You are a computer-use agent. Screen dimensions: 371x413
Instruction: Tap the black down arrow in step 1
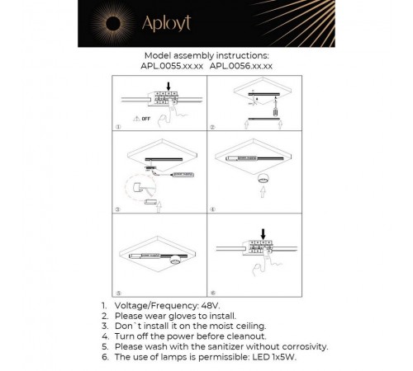pyautogui.click(x=169, y=86)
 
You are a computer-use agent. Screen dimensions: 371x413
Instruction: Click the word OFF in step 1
pyautogui.click(x=146, y=119)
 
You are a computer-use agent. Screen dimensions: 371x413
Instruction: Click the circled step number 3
pyautogui.click(x=118, y=209)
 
